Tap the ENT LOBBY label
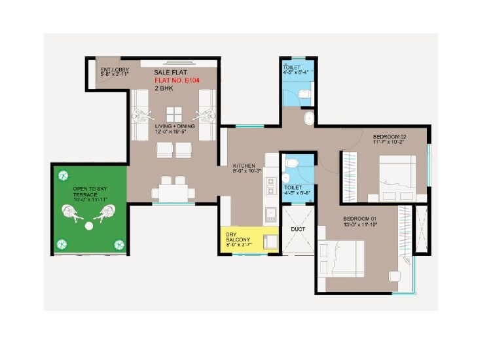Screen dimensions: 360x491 pyautogui.click(x=114, y=70)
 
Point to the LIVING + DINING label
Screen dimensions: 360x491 pyautogui.click(x=172, y=125)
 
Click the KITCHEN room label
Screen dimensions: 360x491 pyautogui.click(x=244, y=166)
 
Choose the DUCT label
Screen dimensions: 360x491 pyautogui.click(x=299, y=229)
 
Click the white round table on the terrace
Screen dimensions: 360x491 pyautogui.click(x=89, y=226)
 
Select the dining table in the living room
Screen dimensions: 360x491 pyautogui.click(x=173, y=192)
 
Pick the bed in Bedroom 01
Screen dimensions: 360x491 pyautogui.click(x=341, y=261)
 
